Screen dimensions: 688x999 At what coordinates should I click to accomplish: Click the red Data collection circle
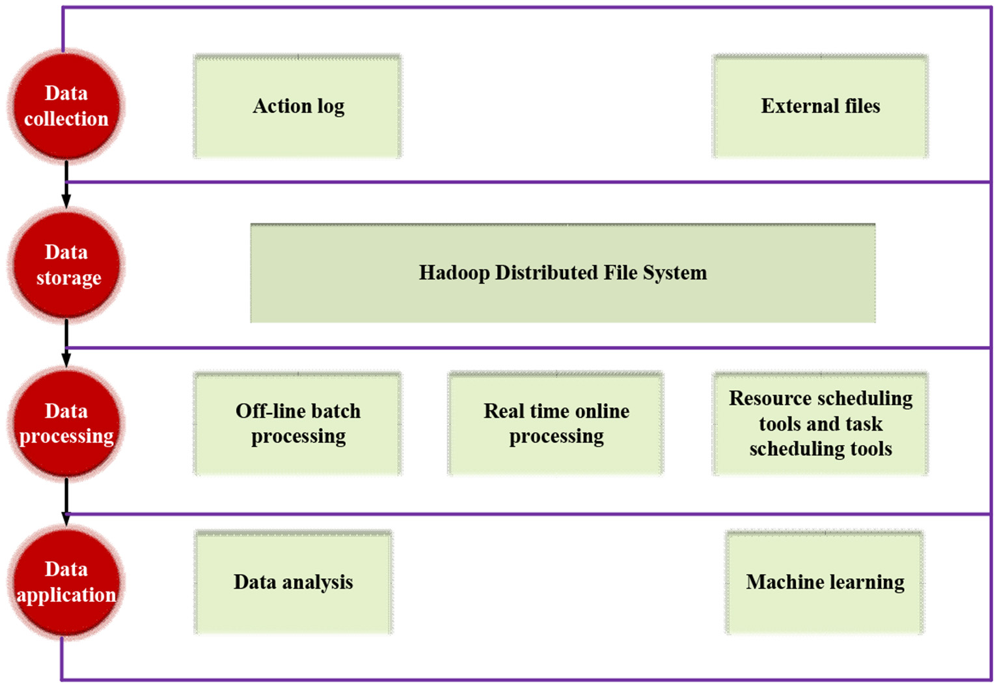tap(66, 106)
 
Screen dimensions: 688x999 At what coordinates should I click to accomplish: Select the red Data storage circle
tap(66, 265)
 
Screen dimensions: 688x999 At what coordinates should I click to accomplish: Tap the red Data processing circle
tap(66, 423)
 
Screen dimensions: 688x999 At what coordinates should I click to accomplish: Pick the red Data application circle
tap(66, 582)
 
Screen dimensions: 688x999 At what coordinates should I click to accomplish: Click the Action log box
tap(298, 106)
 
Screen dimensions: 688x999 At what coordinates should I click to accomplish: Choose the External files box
tap(820, 106)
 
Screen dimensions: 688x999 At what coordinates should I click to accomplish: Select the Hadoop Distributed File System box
tap(562, 273)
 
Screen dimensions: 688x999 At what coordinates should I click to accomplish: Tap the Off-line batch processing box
tap(298, 423)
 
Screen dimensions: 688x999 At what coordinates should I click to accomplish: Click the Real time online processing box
tap(556, 423)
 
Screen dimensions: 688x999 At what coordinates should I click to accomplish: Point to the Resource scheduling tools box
tap(820, 423)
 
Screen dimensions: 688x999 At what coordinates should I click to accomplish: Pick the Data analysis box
tap(294, 582)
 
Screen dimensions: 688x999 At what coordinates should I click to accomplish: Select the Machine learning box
tap(825, 582)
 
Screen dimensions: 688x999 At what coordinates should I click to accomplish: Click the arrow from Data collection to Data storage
tap(66, 185)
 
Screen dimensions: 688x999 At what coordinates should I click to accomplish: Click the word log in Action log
tap(331, 107)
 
